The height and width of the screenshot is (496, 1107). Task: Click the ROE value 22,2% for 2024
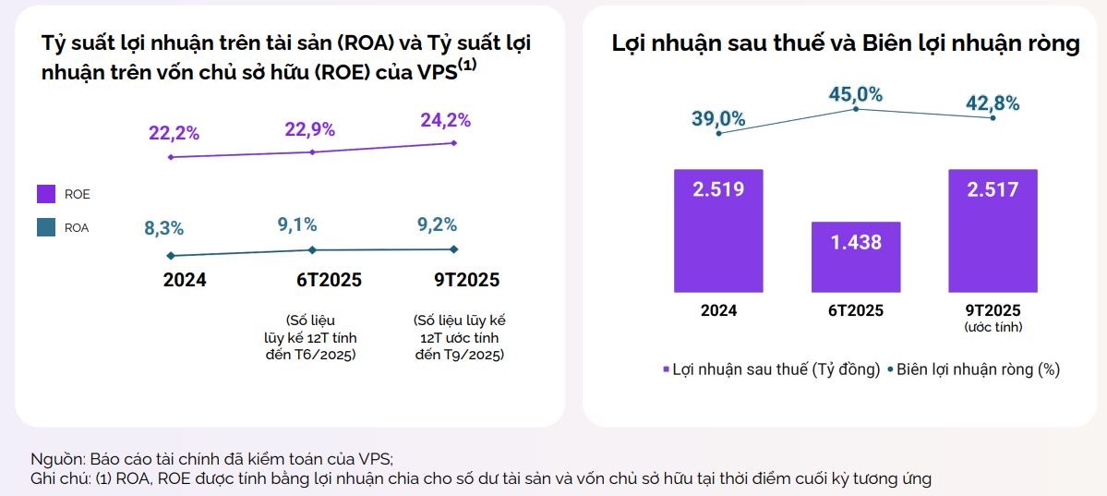(174, 132)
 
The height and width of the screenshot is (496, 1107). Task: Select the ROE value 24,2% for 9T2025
(445, 120)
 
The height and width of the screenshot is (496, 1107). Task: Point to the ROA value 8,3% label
(163, 228)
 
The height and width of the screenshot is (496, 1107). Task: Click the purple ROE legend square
(46, 194)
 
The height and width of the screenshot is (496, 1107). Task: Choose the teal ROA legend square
(46, 227)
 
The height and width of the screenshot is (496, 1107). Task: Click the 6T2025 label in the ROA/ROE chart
(314, 280)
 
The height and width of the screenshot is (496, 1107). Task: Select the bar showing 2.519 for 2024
(718, 230)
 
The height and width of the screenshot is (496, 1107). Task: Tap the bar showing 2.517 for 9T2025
(993, 230)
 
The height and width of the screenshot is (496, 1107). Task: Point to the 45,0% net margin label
(855, 94)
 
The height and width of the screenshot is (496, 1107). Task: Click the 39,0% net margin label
(718, 118)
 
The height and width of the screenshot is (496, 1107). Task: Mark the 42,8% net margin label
(993, 103)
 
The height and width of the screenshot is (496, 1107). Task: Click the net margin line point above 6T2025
(856, 109)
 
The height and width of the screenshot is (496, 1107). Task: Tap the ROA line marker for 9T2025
(453, 248)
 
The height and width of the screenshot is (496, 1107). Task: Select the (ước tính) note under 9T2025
(993, 327)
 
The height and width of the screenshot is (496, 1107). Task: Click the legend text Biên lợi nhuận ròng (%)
(978, 369)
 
